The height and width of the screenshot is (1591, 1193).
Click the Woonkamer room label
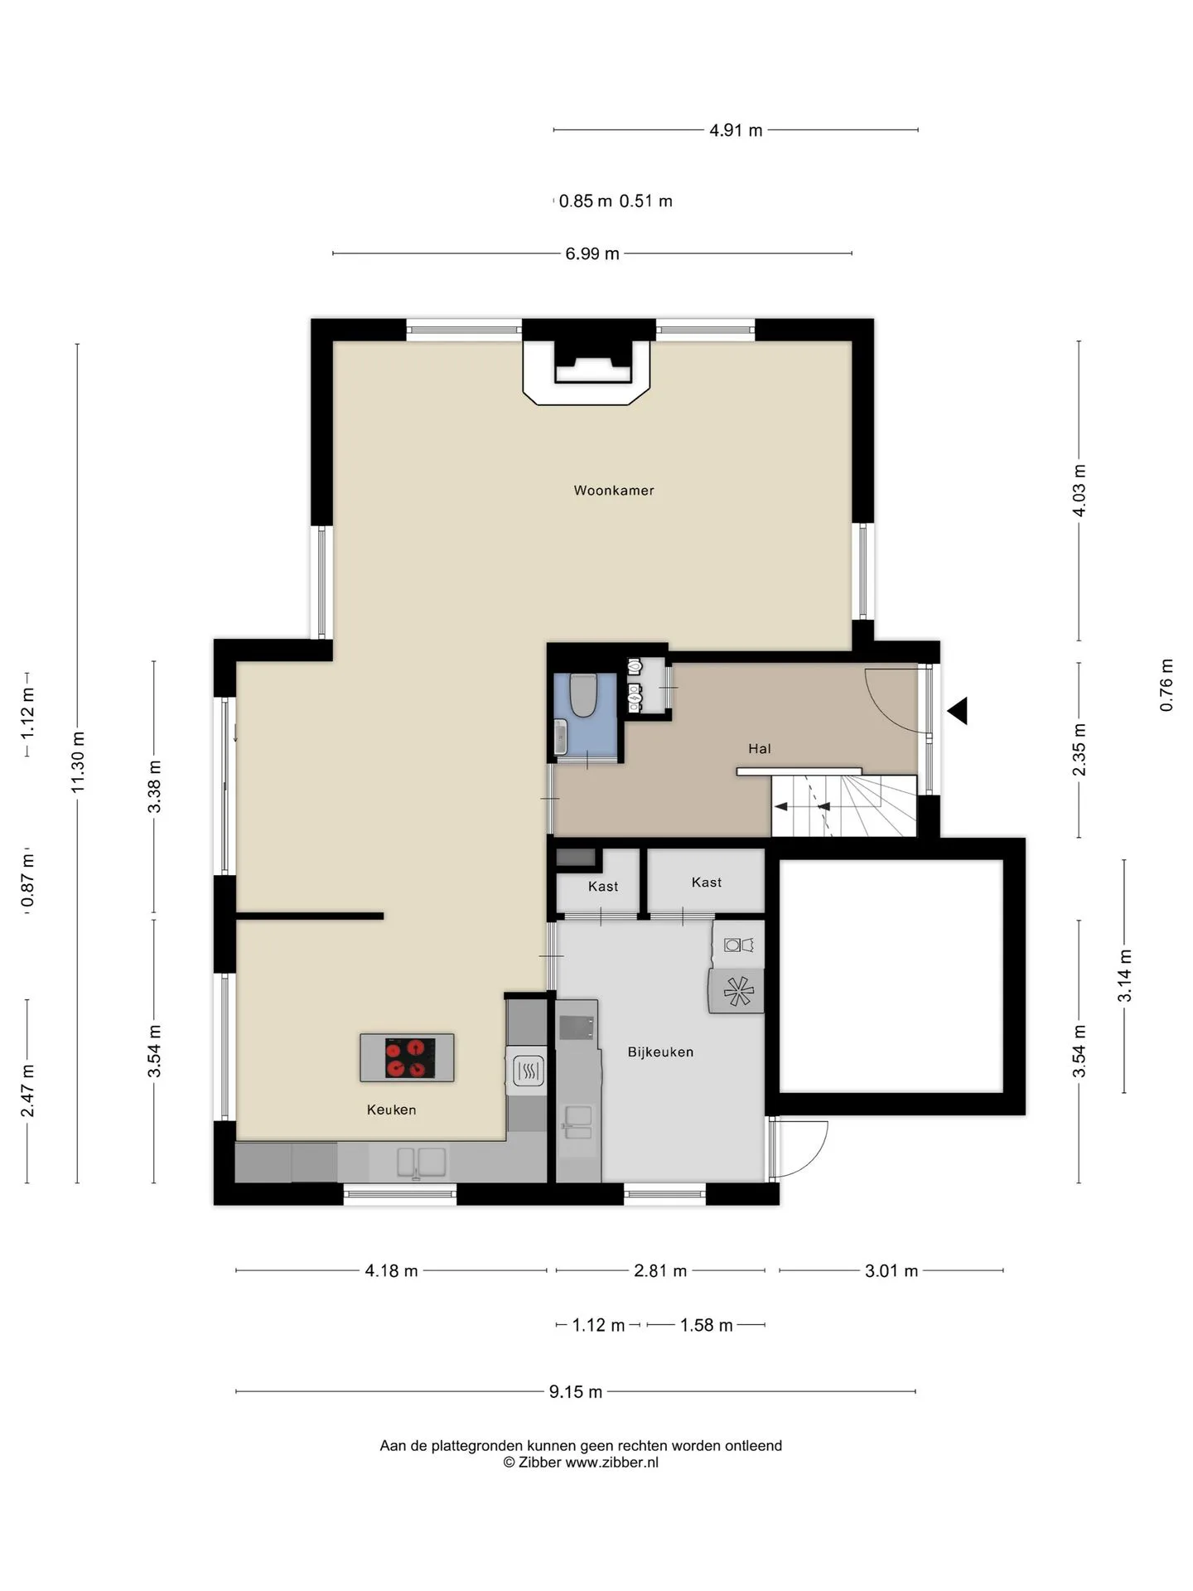tap(614, 491)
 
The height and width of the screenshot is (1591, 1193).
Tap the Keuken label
tap(391, 1110)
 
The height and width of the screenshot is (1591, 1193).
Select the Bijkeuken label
tap(660, 1052)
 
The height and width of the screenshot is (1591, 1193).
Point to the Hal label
tap(760, 749)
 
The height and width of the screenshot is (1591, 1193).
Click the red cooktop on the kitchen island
tap(410, 1058)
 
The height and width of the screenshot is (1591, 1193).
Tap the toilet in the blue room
tap(583, 694)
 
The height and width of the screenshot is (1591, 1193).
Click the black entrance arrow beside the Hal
tap(958, 711)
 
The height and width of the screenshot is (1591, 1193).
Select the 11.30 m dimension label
tap(79, 762)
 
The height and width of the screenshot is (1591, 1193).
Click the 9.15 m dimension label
tap(576, 1391)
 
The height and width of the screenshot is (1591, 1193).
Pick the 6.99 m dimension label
tap(592, 254)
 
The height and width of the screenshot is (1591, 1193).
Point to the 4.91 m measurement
tap(736, 130)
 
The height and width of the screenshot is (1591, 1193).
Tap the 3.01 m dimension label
tap(891, 1270)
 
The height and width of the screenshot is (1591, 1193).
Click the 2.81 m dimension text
tap(660, 1270)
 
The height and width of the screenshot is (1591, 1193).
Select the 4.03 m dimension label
tap(1079, 490)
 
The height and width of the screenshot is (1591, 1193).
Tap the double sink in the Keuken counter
tap(422, 1162)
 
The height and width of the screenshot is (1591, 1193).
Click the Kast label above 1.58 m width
tap(707, 883)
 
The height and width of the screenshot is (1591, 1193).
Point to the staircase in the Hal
tap(843, 805)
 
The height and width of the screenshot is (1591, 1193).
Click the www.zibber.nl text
tap(612, 1463)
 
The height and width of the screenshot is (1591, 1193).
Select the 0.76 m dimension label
tap(1166, 685)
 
